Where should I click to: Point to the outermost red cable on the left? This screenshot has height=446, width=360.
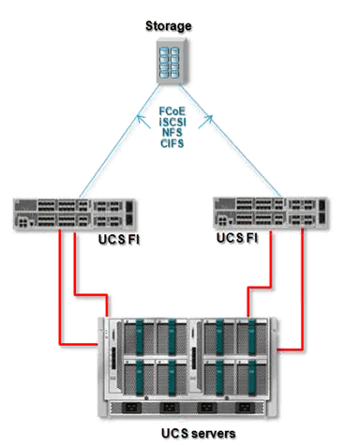62,300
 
